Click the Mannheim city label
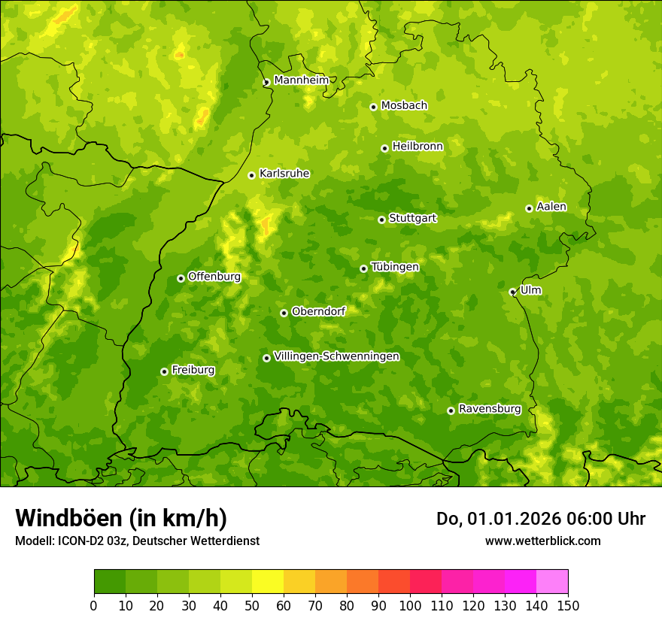301,80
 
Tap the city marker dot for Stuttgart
381,220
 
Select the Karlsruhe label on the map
284,174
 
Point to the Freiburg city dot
164,371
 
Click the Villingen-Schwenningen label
336,356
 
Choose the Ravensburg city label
490,409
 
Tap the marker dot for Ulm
512,292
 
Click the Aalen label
551,207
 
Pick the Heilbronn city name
418,147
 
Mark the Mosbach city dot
373,107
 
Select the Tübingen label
395,267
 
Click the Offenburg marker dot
181,278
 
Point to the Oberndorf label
318,311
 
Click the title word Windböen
68,518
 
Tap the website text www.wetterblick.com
542,541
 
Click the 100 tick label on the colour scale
410,605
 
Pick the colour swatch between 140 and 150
552,582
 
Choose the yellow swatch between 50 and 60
268,582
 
